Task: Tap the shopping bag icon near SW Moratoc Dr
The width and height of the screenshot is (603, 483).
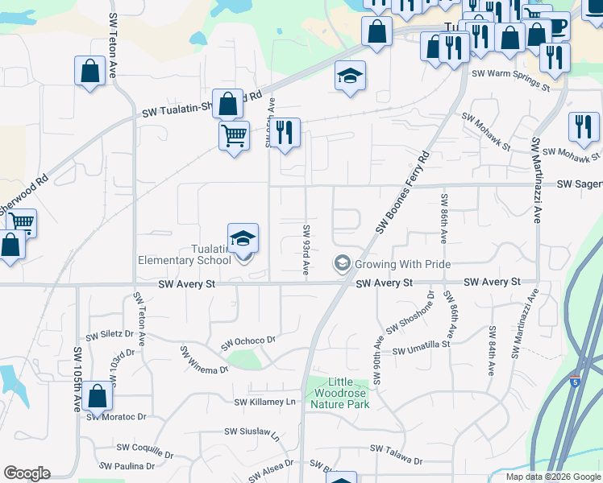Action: [x=97, y=397]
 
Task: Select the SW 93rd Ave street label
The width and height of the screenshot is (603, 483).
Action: [x=306, y=250]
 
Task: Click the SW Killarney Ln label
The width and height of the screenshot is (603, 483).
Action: [x=265, y=402]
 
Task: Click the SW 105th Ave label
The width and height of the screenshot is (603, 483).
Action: [x=78, y=378]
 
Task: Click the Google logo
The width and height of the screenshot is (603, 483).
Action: [x=27, y=473]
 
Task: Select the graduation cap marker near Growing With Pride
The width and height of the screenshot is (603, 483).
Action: [x=342, y=263]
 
